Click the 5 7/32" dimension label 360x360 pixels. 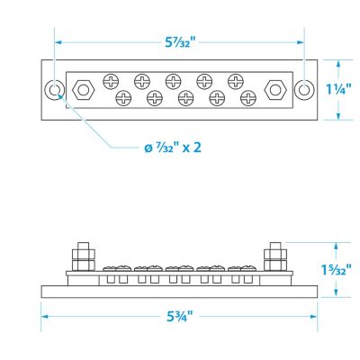[180, 42]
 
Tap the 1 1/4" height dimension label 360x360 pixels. [338, 89]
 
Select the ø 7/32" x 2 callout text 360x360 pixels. [173, 148]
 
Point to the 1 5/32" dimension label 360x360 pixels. [336, 270]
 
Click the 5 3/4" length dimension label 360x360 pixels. [180, 317]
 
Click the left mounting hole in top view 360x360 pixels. [54, 90]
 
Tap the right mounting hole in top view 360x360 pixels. [304, 90]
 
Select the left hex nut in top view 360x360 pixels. [84, 90]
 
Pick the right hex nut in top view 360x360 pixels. [275, 90]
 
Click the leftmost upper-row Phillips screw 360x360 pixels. [111, 81]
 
